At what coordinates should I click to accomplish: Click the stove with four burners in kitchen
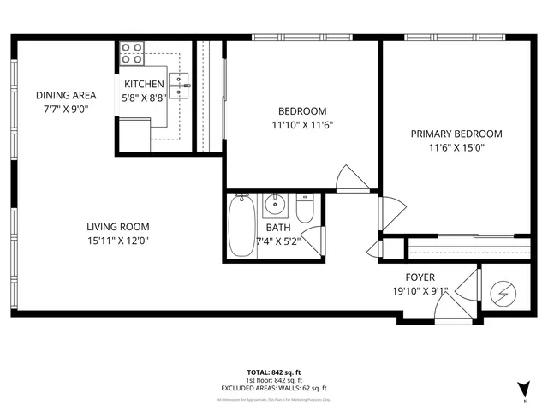pyautogui.click(x=131, y=53)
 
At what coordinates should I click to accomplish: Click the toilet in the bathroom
pyautogui.click(x=305, y=208)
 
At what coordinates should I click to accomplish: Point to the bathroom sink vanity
pyautogui.click(x=275, y=206)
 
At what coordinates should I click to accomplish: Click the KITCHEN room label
pyautogui.click(x=144, y=84)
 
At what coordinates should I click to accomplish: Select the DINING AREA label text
pyautogui.click(x=65, y=95)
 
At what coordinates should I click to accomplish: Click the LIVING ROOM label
pyautogui.click(x=117, y=227)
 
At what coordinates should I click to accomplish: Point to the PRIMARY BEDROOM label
pyautogui.click(x=456, y=134)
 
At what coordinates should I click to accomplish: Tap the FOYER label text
pyautogui.click(x=420, y=277)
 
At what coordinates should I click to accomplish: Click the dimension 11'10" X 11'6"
pyautogui.click(x=302, y=124)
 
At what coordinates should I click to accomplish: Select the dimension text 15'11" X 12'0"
pyautogui.click(x=117, y=241)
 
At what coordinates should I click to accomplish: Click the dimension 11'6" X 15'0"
pyautogui.click(x=456, y=147)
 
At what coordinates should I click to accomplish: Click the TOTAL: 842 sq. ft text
pyautogui.click(x=273, y=372)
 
